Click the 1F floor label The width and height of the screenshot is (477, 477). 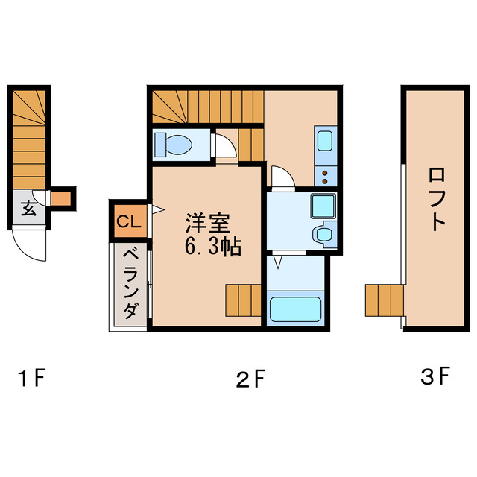34,379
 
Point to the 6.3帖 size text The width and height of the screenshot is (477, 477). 212,247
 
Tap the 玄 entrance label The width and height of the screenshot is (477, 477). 28,209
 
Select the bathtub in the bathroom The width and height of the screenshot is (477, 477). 294,309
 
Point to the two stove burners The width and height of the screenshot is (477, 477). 326,176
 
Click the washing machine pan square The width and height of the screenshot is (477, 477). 323,204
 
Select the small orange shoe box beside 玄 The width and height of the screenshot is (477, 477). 60,198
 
